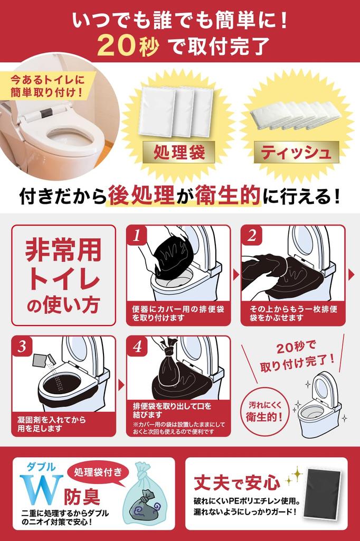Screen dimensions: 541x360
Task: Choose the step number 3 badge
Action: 22,347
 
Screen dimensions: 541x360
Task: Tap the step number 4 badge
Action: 137,347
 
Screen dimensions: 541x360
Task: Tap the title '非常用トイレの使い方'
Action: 63,275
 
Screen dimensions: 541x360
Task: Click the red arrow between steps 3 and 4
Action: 121,385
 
